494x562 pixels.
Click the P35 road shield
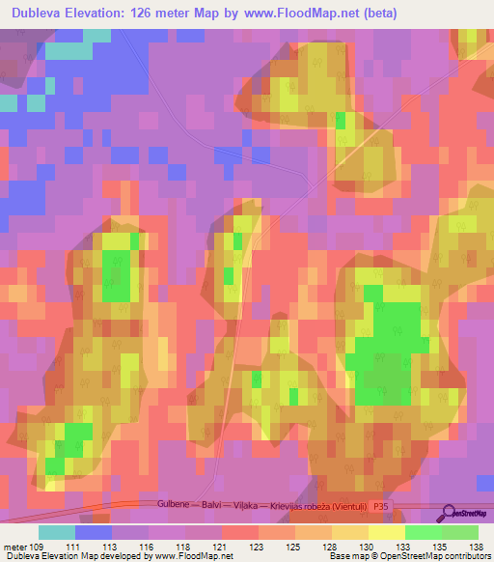385,505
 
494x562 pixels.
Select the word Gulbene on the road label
177,505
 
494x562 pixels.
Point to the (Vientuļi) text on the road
346,505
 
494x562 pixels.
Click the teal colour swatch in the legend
56,532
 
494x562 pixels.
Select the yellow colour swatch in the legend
386,532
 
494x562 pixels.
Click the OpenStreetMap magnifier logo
447,513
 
